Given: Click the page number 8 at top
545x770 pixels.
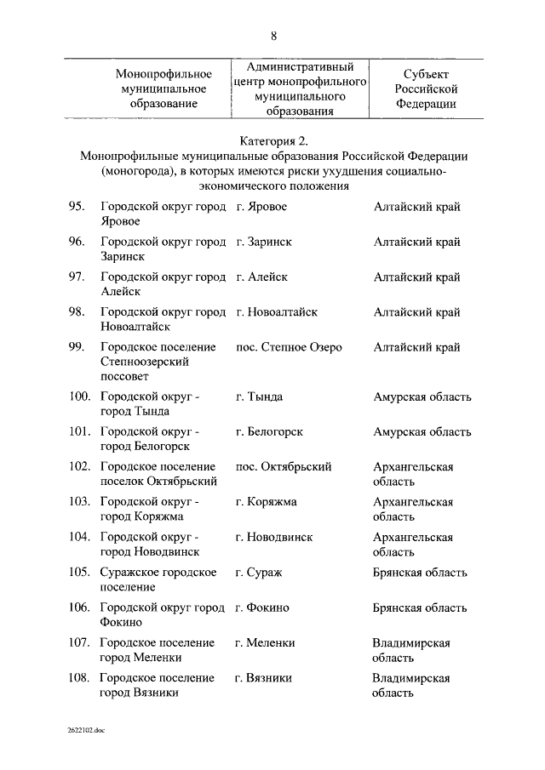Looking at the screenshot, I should coord(273,36).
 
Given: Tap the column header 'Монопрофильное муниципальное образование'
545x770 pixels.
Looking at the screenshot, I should coord(163,88).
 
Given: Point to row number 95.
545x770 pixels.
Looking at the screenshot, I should coord(77,207).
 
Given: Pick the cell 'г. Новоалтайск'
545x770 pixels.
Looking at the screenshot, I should coord(277,312).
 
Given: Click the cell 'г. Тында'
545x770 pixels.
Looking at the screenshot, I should coord(260,396).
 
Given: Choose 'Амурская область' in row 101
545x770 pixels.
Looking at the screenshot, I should coord(422,431).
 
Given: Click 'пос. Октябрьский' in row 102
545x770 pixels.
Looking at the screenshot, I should coord(284,466).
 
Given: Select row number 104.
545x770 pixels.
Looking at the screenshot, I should coord(79,537).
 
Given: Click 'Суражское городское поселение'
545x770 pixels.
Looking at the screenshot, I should coord(158,579).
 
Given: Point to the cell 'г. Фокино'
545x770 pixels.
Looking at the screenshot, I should coord(263,607).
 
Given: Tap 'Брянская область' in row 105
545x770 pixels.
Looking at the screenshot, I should coord(420,573).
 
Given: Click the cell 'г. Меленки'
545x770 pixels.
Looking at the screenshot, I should coord(266,642).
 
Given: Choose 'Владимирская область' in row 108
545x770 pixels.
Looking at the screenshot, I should coord(411,685).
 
